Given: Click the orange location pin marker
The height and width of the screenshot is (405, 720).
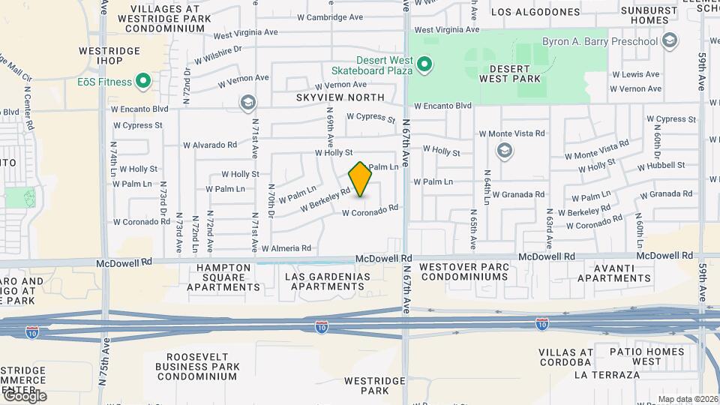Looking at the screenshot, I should point(361,178).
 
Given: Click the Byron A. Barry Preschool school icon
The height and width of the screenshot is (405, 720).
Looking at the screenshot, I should point(670,42).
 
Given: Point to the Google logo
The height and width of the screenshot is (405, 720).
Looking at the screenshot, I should point(24,396).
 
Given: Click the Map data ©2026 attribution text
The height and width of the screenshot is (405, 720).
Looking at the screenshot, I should point(688,399).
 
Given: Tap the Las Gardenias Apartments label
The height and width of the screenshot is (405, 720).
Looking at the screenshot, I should point(328,281).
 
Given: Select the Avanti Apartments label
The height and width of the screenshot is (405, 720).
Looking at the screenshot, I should point(614,272).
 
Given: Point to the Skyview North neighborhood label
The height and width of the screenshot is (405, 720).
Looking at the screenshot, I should point(340,97).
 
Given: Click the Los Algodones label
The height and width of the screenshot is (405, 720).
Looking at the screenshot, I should point(535,12).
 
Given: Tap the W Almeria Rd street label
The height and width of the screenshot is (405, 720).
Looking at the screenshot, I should point(285,248).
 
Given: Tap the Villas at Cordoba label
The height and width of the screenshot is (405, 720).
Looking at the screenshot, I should point(565,357).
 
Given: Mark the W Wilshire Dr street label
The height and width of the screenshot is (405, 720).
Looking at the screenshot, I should point(218,55).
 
